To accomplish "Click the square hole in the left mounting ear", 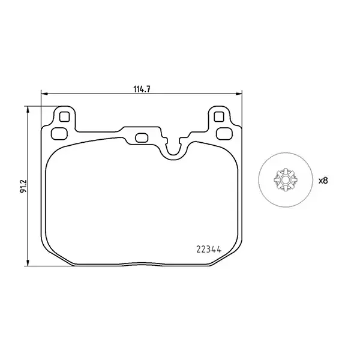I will pos(64,116).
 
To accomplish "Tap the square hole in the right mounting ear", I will pos(219,116).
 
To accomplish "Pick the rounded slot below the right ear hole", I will pos(223,133).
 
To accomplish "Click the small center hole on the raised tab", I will pos(142,138).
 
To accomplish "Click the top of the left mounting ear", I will pos(64,107).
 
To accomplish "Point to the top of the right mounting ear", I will pos(219,107).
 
